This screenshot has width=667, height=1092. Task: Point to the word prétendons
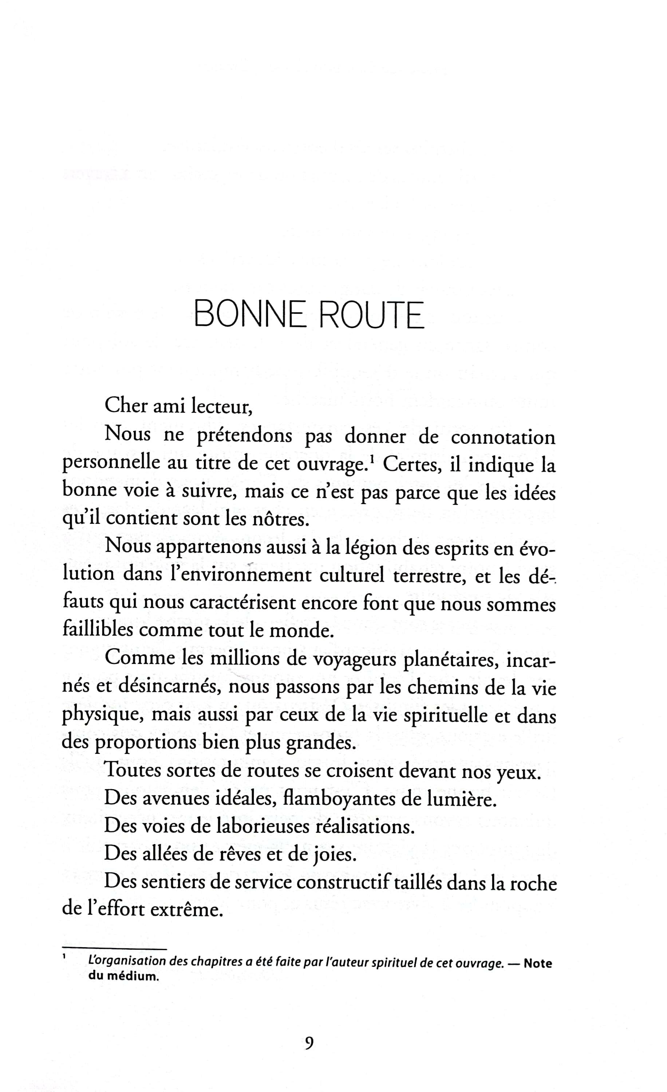click(244, 436)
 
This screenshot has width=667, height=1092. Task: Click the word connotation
click(502, 436)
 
